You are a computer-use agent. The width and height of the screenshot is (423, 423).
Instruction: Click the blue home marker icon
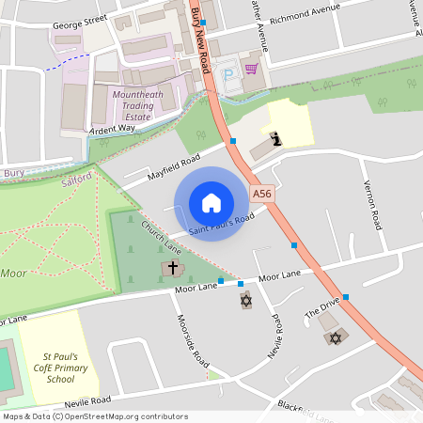pos(211,203)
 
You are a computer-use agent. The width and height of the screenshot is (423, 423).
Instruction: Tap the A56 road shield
pos(262,194)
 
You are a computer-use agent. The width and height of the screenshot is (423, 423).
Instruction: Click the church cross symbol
pos(172,269)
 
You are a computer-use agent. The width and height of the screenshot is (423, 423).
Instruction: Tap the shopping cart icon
pos(251,68)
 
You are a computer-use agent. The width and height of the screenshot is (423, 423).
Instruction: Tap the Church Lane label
pos(161,238)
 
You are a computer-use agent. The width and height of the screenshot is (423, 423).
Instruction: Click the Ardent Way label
pos(112,129)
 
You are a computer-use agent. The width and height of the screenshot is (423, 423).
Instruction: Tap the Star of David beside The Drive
pos(332,337)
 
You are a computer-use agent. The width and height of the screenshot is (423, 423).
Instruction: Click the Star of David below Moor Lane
pos(246,300)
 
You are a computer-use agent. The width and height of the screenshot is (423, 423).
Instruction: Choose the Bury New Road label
pos(199,42)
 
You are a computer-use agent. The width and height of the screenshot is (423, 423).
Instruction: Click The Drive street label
pos(321,309)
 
